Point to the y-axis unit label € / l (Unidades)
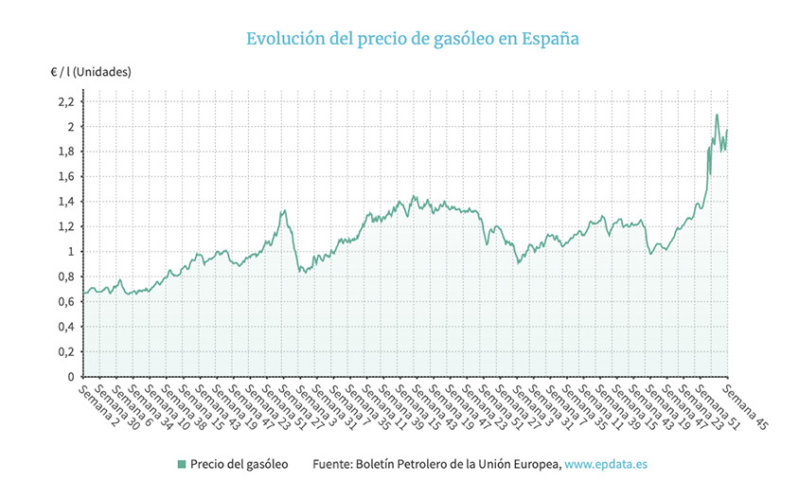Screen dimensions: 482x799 (91, 71)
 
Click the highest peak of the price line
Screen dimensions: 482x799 (717, 115)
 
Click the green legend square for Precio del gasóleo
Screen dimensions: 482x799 (181, 464)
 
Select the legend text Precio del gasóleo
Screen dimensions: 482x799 (239, 464)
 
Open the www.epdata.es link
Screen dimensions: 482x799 (606, 464)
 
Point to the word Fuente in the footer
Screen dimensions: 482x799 (334, 464)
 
